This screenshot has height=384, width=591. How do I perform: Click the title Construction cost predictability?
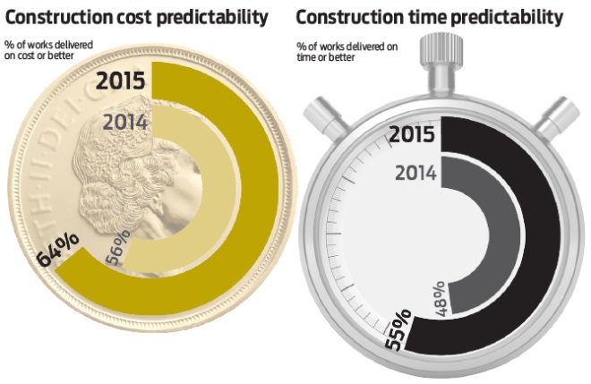[x=137, y=17]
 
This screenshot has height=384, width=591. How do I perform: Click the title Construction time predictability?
[x=430, y=17]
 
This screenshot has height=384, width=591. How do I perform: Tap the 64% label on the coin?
[x=57, y=252]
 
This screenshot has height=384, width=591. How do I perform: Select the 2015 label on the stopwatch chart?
[x=412, y=135]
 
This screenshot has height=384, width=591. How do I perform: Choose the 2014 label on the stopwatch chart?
[x=416, y=173]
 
